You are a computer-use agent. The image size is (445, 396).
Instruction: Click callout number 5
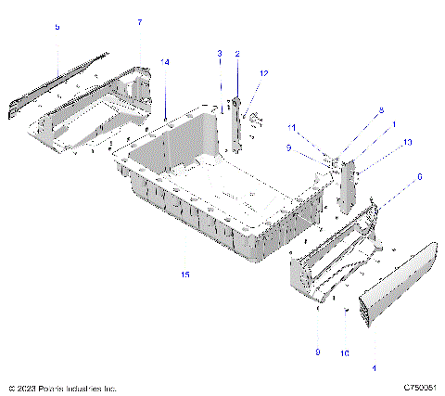pyautogui.click(x=57, y=28)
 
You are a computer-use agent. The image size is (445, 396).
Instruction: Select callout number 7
pyautogui.click(x=140, y=21)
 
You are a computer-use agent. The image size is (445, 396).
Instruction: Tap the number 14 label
pyautogui.click(x=166, y=61)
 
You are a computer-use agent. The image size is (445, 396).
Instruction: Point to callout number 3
pyautogui.click(x=220, y=53)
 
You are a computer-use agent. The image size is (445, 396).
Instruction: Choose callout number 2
pyautogui.click(x=237, y=53)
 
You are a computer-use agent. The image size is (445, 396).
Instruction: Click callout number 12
pyautogui.click(x=264, y=72)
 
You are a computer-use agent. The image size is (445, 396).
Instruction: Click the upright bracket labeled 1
pyautogui.click(x=351, y=186)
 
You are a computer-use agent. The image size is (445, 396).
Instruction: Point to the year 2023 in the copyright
pyautogui.click(x=27, y=388)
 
